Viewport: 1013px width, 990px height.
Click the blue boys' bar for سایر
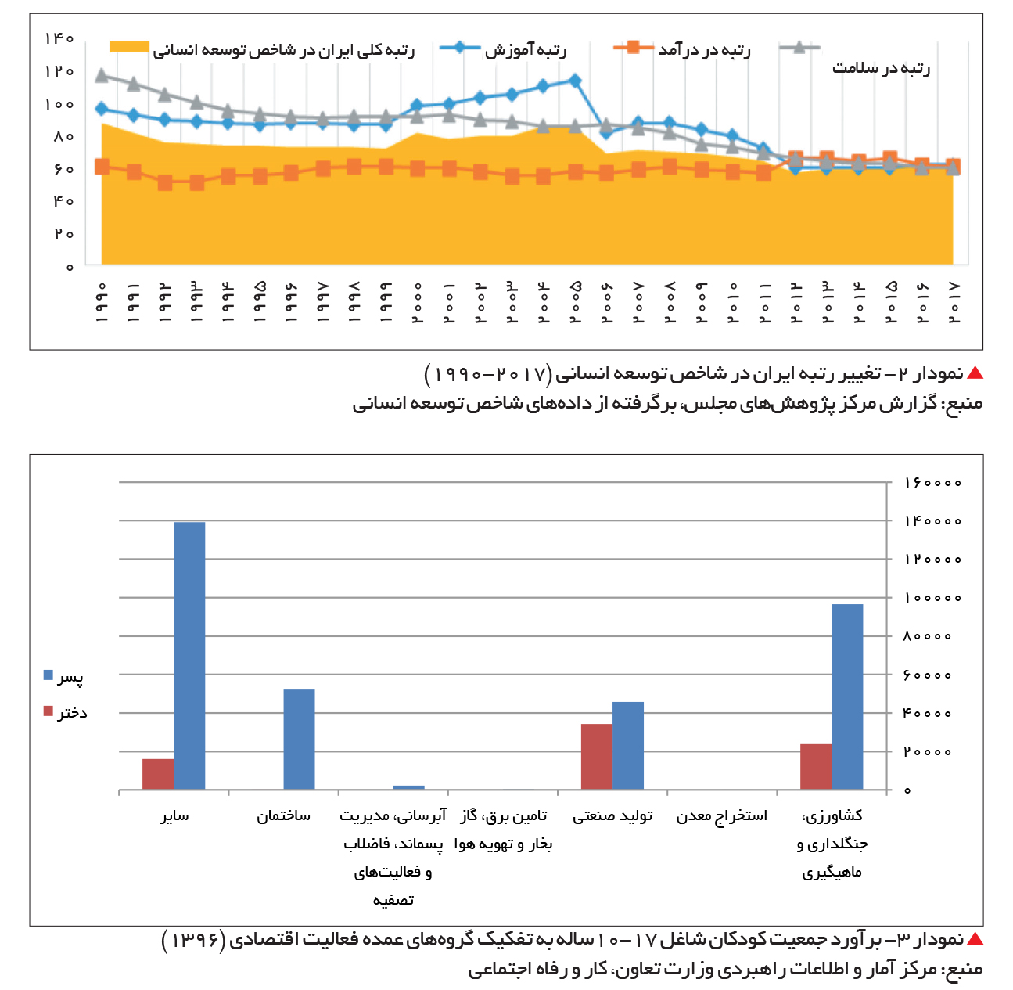click(189, 656)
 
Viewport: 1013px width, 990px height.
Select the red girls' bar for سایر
click(158, 775)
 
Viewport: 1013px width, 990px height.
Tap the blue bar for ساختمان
click(300, 740)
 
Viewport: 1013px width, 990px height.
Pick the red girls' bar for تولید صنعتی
click(597, 757)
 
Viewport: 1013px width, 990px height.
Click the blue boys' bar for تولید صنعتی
click(628, 746)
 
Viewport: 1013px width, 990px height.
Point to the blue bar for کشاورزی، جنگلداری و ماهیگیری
click(847, 697)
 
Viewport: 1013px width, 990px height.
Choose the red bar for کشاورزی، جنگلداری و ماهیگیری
click(816, 767)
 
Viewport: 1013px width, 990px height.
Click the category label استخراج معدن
click(722, 816)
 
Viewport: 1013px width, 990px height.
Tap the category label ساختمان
click(283, 816)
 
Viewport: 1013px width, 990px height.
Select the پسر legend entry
click(63, 676)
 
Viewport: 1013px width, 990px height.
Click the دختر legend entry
click(65, 712)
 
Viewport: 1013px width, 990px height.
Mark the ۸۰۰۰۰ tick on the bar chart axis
click(928, 636)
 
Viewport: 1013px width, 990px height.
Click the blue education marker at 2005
click(575, 80)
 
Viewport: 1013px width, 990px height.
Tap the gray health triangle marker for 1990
click(102, 75)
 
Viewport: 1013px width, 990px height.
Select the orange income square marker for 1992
click(165, 183)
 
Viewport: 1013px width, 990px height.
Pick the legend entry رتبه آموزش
click(502, 49)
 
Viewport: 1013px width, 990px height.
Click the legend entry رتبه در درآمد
click(682, 49)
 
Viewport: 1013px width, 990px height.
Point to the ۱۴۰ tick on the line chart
click(59, 38)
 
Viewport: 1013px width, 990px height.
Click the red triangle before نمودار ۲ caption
click(975, 373)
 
